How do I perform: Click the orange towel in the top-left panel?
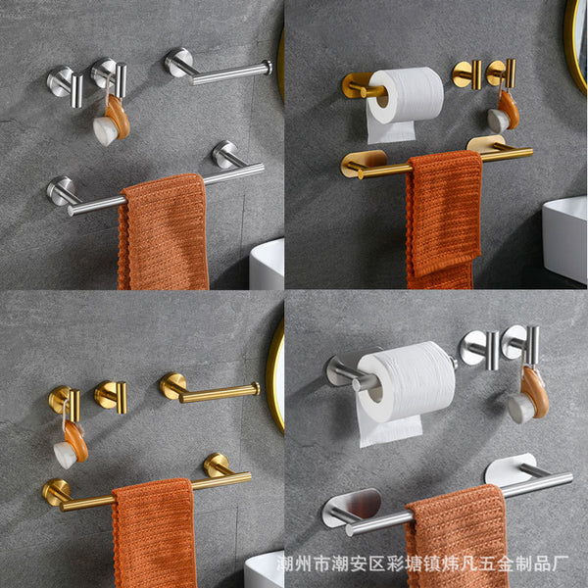tap(163, 232)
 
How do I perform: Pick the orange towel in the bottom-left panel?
tap(154, 532)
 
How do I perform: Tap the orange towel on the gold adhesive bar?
tap(443, 220)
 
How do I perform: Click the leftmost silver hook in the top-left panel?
tap(66, 84)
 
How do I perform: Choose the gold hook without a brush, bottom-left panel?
tap(111, 397)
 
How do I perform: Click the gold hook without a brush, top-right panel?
tap(466, 74)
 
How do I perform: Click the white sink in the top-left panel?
tap(267, 265)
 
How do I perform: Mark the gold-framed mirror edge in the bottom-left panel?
tap(274, 375)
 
